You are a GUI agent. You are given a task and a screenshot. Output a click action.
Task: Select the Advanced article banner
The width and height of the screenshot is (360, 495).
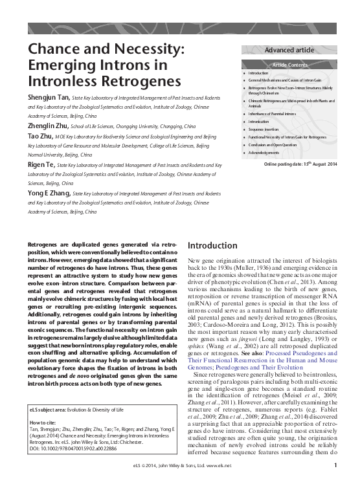289,50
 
